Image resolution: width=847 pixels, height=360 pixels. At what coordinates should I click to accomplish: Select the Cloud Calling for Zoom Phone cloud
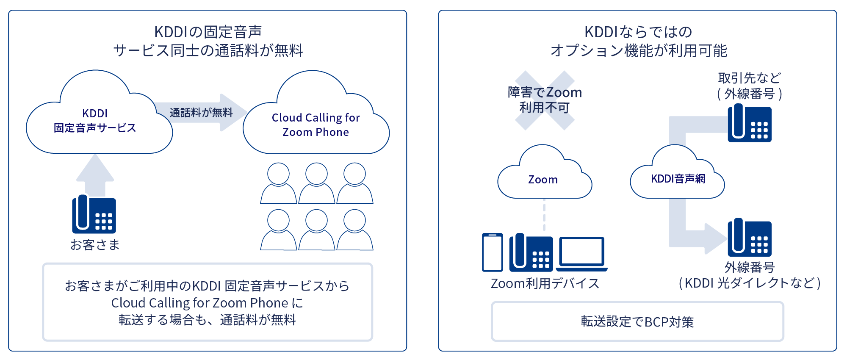[316, 125]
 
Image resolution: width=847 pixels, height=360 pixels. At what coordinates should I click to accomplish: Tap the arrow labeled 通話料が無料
[202, 113]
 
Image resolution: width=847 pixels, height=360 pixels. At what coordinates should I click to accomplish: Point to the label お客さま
[95, 245]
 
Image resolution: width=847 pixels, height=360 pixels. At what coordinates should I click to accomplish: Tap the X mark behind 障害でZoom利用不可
[545, 100]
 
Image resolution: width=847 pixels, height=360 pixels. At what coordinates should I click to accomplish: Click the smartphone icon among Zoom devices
[493, 252]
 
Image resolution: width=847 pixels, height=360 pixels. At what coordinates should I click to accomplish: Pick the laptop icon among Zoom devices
[582, 254]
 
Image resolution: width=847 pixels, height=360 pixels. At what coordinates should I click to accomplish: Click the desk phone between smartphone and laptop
[531, 253]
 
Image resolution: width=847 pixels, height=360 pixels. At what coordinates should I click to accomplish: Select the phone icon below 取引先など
[750, 124]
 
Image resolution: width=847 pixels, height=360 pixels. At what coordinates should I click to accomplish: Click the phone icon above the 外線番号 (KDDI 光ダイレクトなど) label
[750, 238]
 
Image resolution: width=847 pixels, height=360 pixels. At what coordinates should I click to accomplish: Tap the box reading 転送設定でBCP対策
[637, 321]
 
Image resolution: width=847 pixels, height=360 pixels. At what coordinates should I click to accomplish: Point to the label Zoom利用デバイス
[545, 283]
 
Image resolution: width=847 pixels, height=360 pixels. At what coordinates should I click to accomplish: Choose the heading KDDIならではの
[638, 32]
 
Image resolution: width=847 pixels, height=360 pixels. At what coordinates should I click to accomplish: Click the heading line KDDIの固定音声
[208, 32]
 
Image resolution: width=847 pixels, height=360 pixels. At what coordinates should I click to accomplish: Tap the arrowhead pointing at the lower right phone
[716, 238]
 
